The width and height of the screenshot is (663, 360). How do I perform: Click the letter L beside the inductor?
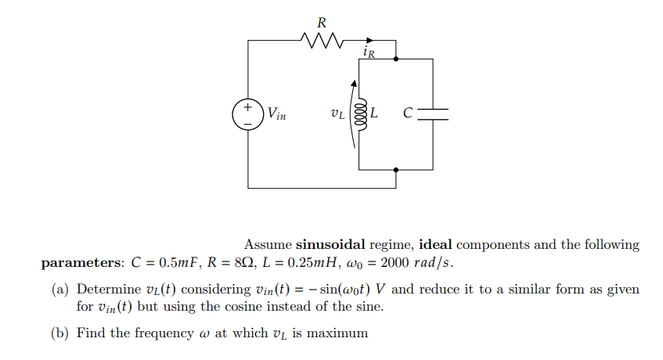tap(374, 113)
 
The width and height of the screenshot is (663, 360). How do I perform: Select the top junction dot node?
tap(396, 58)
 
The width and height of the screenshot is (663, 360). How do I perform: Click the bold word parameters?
tap(78, 262)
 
